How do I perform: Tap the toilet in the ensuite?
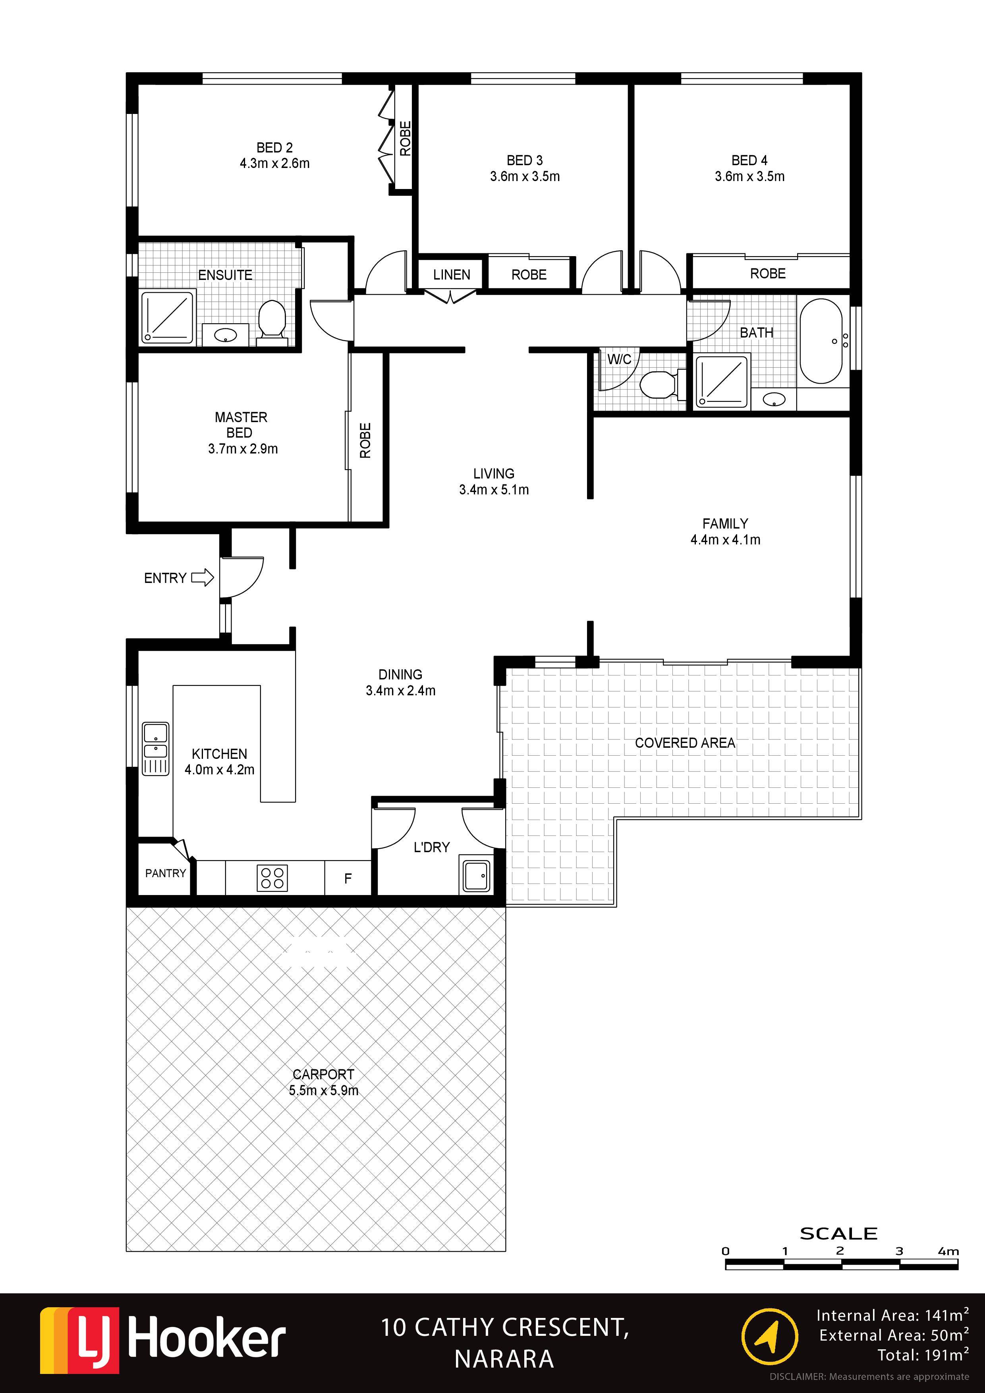pos(271,322)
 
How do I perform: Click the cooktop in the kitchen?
pos(272,877)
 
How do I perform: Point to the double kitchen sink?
pos(155,749)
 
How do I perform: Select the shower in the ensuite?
pos(168,317)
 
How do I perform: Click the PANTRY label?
pos(165,873)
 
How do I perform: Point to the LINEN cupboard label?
pos(452,275)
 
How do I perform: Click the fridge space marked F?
pos(348,878)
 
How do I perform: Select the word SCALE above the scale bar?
pos(838,1233)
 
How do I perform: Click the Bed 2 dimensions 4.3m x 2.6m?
pos(275,163)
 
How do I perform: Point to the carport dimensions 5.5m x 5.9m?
pos(323,1090)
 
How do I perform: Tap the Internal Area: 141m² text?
pos(892,1315)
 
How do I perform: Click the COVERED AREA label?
pos(685,743)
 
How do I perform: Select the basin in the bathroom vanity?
pos(774,399)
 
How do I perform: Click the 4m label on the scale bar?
pos(948,1251)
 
